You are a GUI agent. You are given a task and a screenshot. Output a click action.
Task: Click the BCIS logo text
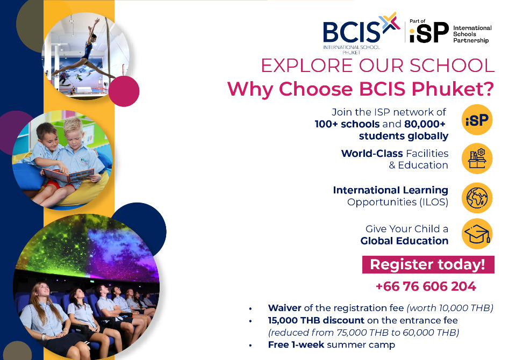pos(352,32)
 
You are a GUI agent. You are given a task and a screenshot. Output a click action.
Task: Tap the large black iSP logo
pos(429,33)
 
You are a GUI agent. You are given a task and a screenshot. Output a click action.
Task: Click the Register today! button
pos(428,264)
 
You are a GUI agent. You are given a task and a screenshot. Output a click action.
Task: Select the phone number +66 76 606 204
pos(426,286)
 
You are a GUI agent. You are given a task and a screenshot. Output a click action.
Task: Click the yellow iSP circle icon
pos(477,120)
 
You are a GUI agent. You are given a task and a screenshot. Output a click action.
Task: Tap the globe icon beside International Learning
pos(477,198)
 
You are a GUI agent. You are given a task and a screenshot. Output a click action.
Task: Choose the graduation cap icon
pos(477,234)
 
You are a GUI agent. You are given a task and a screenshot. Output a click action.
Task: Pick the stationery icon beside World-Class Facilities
pos(477,159)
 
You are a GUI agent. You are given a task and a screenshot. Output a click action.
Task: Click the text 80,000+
pos(425,124)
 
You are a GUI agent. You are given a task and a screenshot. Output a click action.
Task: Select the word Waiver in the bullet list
pos(285,308)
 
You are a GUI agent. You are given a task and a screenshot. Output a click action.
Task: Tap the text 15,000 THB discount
pos(316,320)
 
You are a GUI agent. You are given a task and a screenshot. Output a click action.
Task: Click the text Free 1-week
pos(296,344)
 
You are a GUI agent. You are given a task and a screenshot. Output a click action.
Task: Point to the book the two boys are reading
pos(68,175)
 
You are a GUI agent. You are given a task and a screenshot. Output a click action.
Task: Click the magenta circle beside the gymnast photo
pos(124,91)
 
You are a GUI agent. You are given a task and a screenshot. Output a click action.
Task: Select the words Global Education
pos(404,241)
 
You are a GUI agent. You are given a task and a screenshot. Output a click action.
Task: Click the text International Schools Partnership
pos(472,34)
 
